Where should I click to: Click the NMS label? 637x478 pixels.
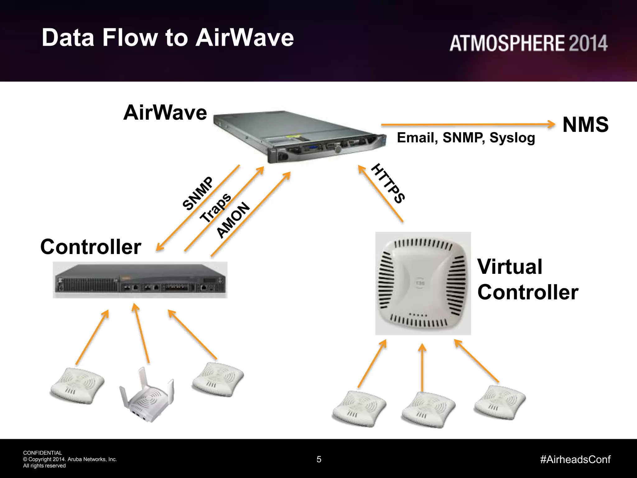pyautogui.click(x=585, y=125)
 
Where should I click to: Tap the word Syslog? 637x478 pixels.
pyautogui.click(x=512, y=138)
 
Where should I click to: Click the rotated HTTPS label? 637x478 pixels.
pyautogui.click(x=388, y=183)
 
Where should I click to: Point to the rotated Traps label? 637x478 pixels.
pyautogui.click(x=216, y=208)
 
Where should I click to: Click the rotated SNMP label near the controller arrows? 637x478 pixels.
pyautogui.click(x=198, y=193)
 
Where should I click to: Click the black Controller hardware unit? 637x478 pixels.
pyautogui.click(x=140, y=280)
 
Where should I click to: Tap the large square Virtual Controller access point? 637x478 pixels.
pyautogui.click(x=423, y=283)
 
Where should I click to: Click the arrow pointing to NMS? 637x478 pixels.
pyautogui.click(x=467, y=125)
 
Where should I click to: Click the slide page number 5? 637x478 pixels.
pyautogui.click(x=319, y=459)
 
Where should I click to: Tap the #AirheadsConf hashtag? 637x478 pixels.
pyautogui.click(x=575, y=459)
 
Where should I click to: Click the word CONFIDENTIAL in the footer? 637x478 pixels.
pyautogui.click(x=43, y=453)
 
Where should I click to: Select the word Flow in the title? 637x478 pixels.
pyautogui.click(x=130, y=38)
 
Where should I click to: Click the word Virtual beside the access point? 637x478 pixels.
pyautogui.click(x=510, y=267)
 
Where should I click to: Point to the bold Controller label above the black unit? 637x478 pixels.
pyautogui.click(x=91, y=247)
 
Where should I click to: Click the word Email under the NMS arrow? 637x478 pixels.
pyautogui.click(x=417, y=138)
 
